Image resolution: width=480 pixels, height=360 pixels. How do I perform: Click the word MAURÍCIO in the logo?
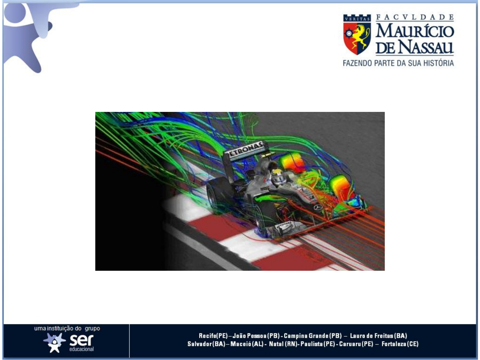click(x=415, y=31)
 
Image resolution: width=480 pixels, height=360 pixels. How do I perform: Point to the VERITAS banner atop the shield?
click(x=357, y=19)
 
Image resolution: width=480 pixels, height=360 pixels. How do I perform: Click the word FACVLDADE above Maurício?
click(x=415, y=17)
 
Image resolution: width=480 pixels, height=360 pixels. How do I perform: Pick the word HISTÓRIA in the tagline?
click(x=438, y=63)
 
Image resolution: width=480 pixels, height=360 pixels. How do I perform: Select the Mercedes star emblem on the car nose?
click(x=317, y=207)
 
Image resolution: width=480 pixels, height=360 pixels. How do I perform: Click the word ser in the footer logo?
click(x=82, y=340)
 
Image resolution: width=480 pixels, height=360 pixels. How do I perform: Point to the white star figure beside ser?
click(x=54, y=342)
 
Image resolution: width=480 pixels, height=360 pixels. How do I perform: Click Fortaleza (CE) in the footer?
click(x=400, y=344)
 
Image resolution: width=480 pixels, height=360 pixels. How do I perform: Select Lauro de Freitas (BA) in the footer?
click(x=378, y=336)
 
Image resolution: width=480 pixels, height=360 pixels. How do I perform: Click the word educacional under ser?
click(x=81, y=349)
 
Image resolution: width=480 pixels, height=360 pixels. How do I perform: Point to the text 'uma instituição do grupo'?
click(x=67, y=329)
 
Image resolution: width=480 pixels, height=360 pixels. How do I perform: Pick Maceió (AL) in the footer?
click(x=247, y=344)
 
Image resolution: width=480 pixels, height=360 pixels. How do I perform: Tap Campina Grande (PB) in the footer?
click(x=312, y=336)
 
